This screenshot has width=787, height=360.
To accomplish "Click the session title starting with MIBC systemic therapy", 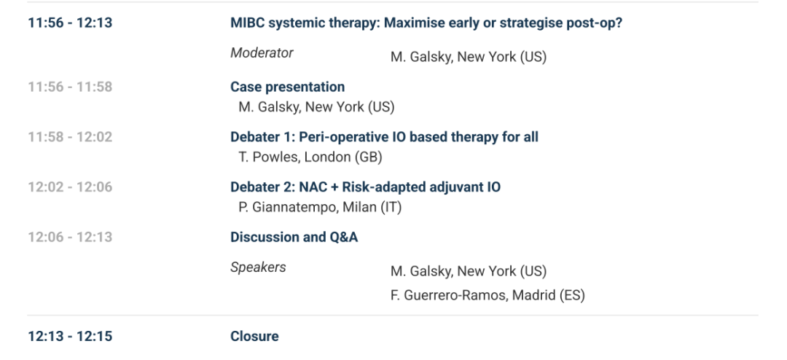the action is pyautogui.click(x=426, y=23).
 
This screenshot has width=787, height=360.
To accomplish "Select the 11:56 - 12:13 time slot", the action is pyautogui.click(x=70, y=23).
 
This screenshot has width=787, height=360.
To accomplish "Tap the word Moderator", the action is pyautogui.click(x=262, y=52).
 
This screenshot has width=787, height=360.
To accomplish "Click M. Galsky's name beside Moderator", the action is pyautogui.click(x=469, y=58).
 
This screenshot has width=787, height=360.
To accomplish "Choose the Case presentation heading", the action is pyautogui.click(x=288, y=87).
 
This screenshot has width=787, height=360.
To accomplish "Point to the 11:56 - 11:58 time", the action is pyautogui.click(x=70, y=87).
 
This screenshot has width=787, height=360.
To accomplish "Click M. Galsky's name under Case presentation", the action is pyautogui.click(x=316, y=107).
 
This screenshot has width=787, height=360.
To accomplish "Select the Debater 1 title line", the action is pyautogui.click(x=385, y=137).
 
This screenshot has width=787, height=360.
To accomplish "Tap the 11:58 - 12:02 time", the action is pyautogui.click(x=70, y=137).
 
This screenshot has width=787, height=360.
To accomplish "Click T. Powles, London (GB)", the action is pyautogui.click(x=310, y=157).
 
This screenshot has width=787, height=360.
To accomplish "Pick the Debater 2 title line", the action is pyautogui.click(x=365, y=187).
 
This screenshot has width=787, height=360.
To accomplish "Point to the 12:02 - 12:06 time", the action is pyautogui.click(x=70, y=187).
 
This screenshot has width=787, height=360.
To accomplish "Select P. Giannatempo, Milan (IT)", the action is pyautogui.click(x=320, y=208).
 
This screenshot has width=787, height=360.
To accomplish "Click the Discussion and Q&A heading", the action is pyautogui.click(x=294, y=237).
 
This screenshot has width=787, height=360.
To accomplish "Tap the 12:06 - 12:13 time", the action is pyautogui.click(x=70, y=237).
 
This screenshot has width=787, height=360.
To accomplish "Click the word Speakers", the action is pyautogui.click(x=258, y=267).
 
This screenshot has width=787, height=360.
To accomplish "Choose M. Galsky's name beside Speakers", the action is pyautogui.click(x=469, y=272).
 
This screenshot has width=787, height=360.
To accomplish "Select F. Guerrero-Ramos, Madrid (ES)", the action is pyautogui.click(x=488, y=295).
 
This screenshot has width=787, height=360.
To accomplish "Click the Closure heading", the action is pyautogui.click(x=254, y=337).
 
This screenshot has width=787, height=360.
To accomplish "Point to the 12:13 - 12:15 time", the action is pyautogui.click(x=70, y=337).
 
